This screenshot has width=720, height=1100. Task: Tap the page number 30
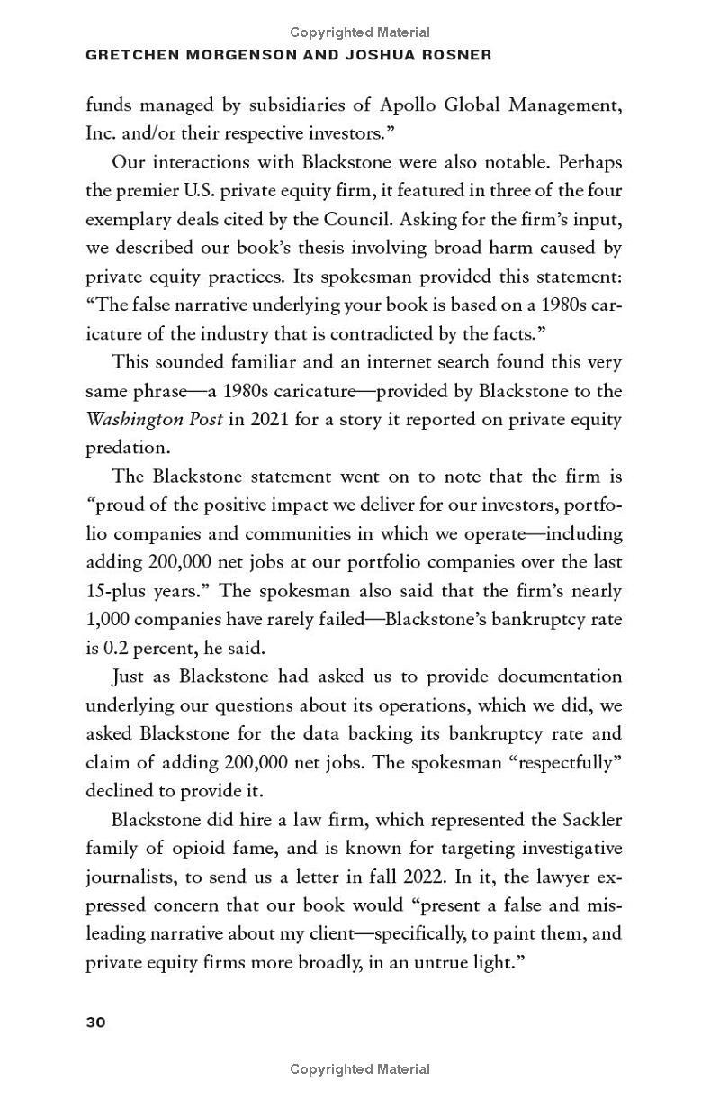(95, 1022)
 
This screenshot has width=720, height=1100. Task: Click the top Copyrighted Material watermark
(360, 32)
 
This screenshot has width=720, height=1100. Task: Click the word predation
(128, 448)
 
